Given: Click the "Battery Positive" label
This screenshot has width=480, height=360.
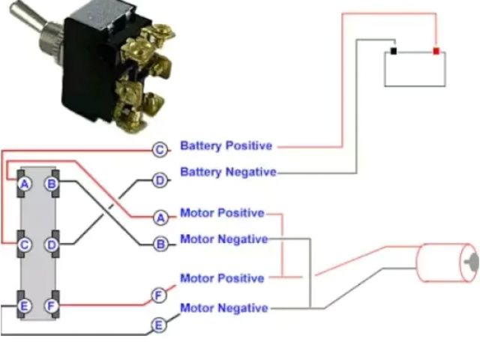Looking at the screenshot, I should coord(226,145).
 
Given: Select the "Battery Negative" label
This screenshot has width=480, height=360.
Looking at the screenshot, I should coord(228,172).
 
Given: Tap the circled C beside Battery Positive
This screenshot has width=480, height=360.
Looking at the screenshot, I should coord(160,150).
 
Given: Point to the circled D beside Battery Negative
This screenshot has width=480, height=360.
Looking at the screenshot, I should coord(160,181).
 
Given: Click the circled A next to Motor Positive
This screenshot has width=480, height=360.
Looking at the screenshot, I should coord(160,217).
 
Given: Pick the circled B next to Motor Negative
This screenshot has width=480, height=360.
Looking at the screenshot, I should coord(160,244).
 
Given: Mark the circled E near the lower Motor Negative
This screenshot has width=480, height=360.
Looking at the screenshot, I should coord(159,325).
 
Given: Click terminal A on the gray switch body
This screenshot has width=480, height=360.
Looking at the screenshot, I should coord(25,184).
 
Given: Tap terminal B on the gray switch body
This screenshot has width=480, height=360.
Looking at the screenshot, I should coord(52,184).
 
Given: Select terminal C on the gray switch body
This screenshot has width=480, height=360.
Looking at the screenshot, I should coord(25,244).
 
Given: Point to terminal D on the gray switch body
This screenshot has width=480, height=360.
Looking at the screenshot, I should coord(52,244).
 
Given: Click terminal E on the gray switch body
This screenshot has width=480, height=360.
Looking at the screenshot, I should coord(25,305).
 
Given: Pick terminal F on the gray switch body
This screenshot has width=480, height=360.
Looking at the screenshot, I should coord(52,305).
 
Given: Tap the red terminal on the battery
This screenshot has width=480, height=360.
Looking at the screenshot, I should coord(436,52).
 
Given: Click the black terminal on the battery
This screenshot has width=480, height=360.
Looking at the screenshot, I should coord(393,52).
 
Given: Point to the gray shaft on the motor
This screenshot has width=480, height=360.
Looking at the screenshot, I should coord(471,262).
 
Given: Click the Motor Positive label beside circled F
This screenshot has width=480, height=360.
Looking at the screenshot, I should coord(222,278).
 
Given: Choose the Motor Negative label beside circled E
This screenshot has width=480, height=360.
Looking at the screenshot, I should coord(223,307).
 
